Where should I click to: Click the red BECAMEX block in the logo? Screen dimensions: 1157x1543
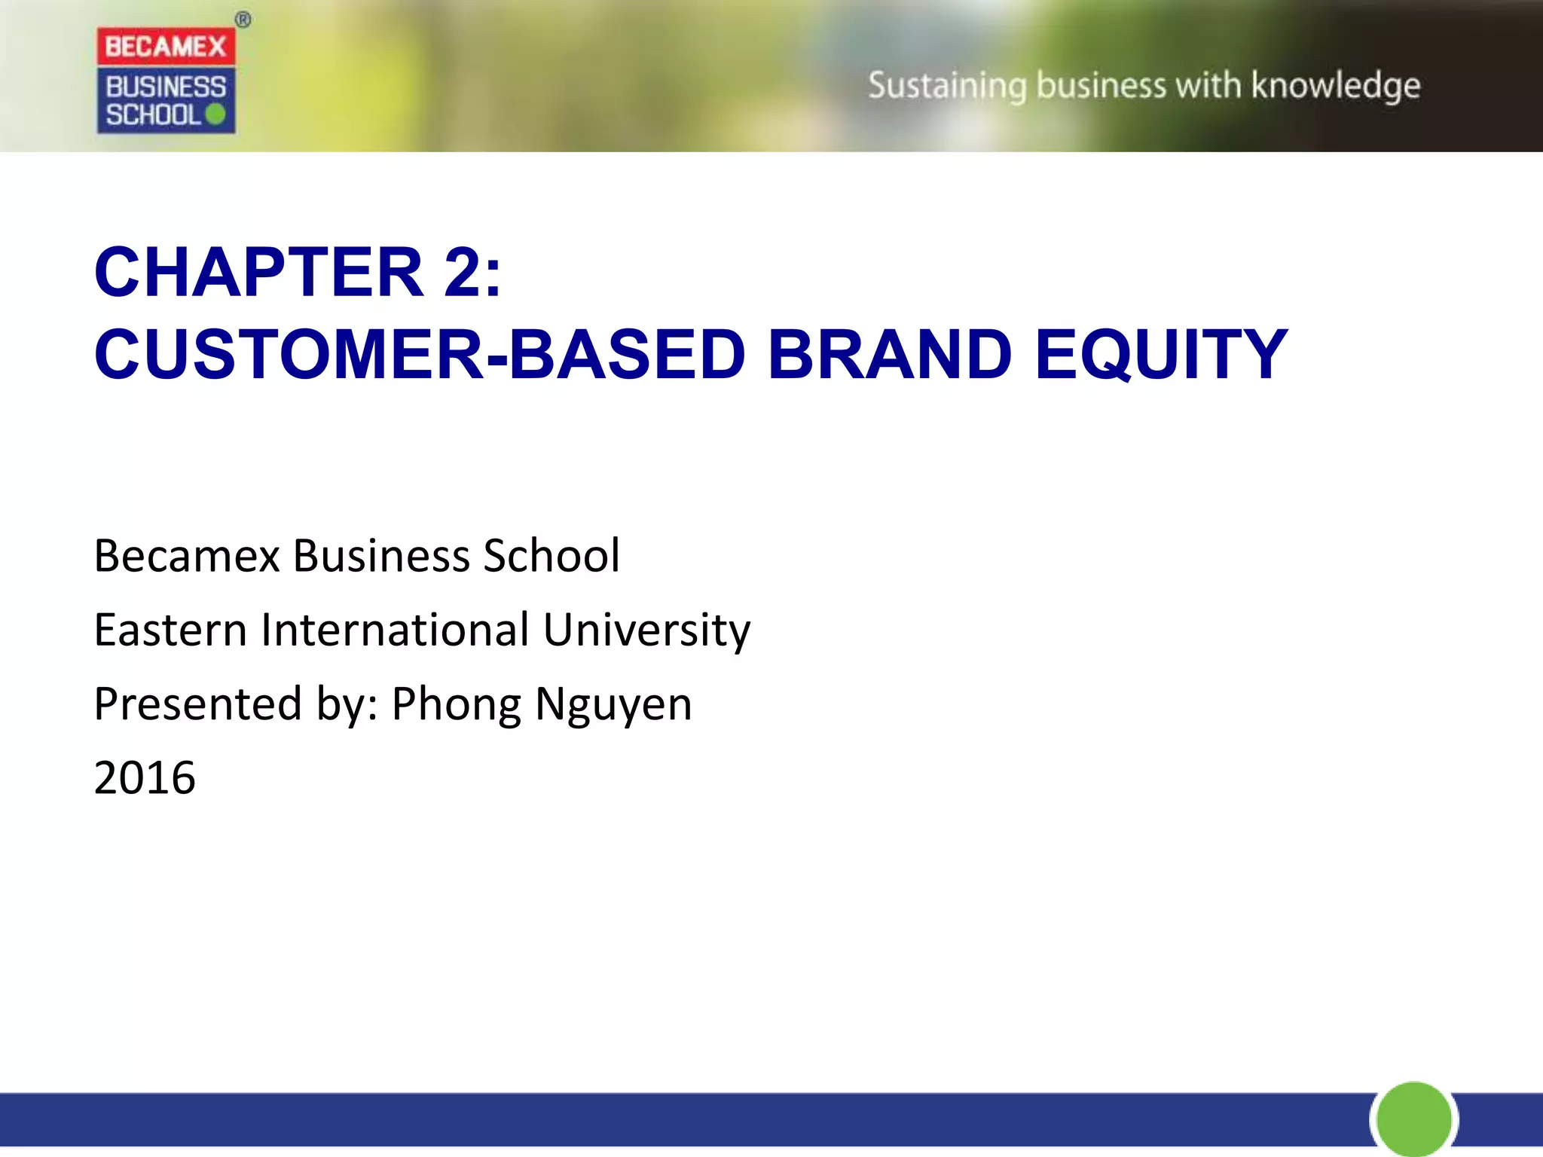pyautogui.click(x=166, y=46)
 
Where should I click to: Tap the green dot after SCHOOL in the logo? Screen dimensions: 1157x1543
pyautogui.click(x=215, y=114)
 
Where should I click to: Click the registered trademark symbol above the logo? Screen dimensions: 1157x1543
pyautogui.click(x=243, y=20)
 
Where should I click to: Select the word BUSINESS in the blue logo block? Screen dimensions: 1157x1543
pyautogui.click(x=166, y=87)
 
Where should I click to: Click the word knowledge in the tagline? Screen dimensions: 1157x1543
pyautogui.click(x=1335, y=86)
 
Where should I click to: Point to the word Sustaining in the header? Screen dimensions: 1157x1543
pyautogui.click(x=947, y=86)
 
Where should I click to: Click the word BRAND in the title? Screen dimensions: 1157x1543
pyautogui.click(x=889, y=354)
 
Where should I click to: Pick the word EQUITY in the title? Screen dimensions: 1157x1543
pyautogui.click(x=1160, y=354)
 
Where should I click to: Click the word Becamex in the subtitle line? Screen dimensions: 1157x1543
pyautogui.click(x=187, y=556)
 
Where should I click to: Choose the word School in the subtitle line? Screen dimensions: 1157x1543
pyautogui.click(x=551, y=556)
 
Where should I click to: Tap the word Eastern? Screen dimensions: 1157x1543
pyautogui.click(x=170, y=630)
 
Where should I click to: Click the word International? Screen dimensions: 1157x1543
pyautogui.click(x=395, y=630)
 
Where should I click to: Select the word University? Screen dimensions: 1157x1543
pyautogui.click(x=646, y=630)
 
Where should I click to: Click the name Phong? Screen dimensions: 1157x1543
pyautogui.click(x=456, y=704)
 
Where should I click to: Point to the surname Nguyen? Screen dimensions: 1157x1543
pyautogui.click(x=613, y=704)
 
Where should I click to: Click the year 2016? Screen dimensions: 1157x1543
pyautogui.click(x=145, y=777)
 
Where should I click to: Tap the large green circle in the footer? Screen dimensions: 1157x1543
pyautogui.click(x=1413, y=1119)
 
